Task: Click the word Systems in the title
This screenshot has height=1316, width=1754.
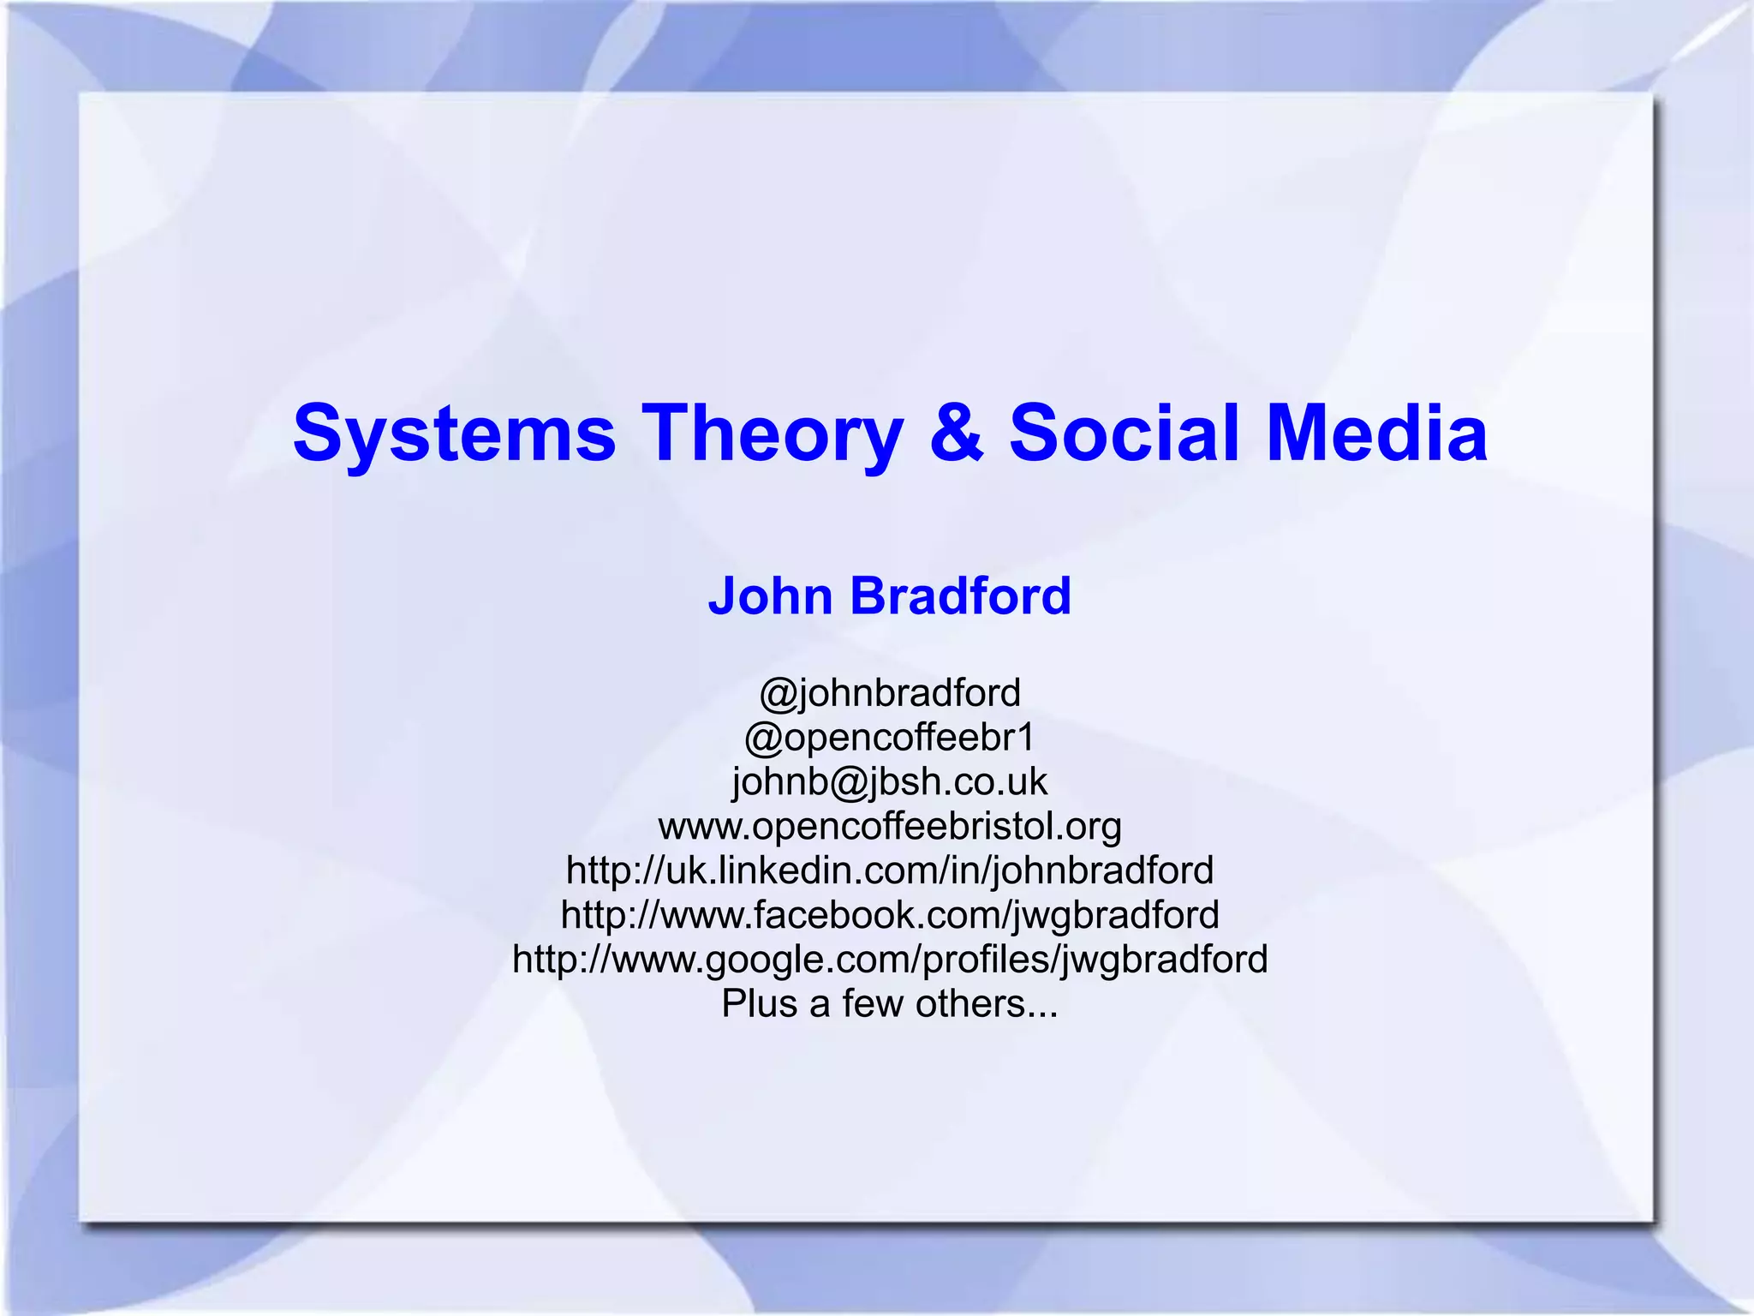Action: pyautogui.click(x=454, y=434)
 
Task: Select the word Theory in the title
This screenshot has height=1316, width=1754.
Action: pyautogui.click(x=773, y=434)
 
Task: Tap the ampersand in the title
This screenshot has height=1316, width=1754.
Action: pyautogui.click(x=956, y=434)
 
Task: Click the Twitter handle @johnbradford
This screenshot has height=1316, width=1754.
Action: pyautogui.click(x=890, y=692)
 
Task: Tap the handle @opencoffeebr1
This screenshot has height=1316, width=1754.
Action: pyautogui.click(x=890, y=737)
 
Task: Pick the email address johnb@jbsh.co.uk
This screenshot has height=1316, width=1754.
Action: pyautogui.click(x=890, y=781)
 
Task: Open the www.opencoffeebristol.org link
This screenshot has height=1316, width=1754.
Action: pyautogui.click(x=890, y=826)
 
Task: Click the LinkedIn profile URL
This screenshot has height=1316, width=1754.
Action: pyautogui.click(x=890, y=870)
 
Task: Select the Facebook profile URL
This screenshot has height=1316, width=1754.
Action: pyautogui.click(x=890, y=915)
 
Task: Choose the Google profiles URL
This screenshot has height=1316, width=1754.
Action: pyautogui.click(x=890, y=960)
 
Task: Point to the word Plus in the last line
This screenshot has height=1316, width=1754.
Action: pyautogui.click(x=759, y=1003)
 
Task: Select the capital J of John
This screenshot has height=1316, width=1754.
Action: pyautogui.click(x=724, y=595)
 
